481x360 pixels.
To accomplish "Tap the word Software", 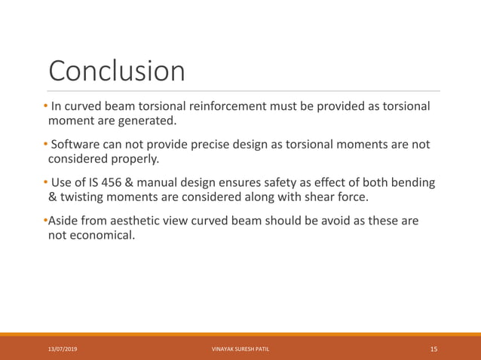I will [x=81, y=145].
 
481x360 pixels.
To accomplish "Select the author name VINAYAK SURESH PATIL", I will [x=240, y=349].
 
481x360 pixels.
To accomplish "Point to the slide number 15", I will [x=434, y=349].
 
